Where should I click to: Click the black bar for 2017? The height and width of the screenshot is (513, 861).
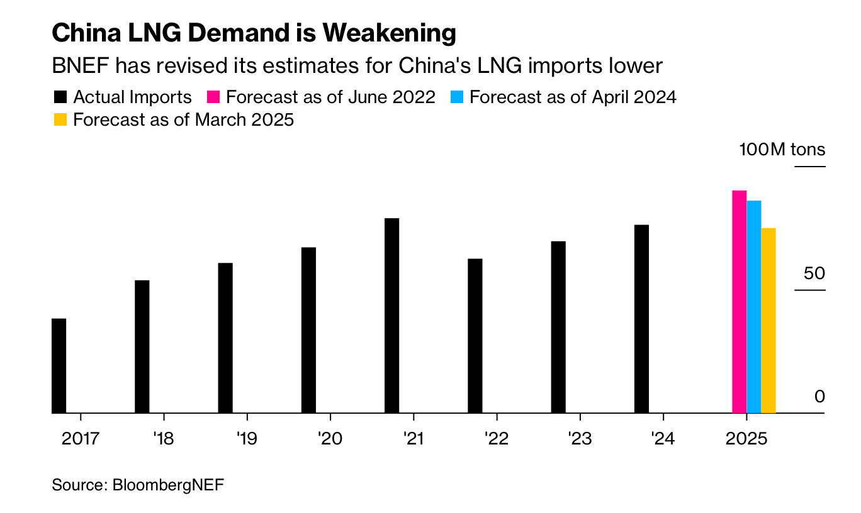point(59,366)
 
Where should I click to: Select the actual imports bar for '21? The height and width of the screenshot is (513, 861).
point(391,316)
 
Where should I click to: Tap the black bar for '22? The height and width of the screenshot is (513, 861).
point(475,336)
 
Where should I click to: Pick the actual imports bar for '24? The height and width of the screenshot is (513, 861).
point(641,319)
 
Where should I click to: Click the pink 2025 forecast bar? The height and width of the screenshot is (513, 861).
point(739,302)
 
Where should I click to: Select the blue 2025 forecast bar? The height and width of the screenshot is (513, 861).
point(753,307)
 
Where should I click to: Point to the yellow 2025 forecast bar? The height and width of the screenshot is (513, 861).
point(768,321)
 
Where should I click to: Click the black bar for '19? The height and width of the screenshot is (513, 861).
point(225,338)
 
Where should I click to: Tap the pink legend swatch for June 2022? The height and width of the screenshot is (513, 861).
point(213,97)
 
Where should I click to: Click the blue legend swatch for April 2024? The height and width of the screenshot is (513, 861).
point(457,97)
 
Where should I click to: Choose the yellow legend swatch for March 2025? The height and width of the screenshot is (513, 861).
point(60,119)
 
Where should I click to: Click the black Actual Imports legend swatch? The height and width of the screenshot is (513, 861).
point(60,97)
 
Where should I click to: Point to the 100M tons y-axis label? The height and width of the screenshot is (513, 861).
point(782,150)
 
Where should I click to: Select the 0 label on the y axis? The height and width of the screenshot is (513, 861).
point(819,397)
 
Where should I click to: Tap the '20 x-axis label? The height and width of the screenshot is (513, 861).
point(329,438)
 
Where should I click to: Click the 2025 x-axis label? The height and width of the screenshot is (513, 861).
point(746,438)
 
